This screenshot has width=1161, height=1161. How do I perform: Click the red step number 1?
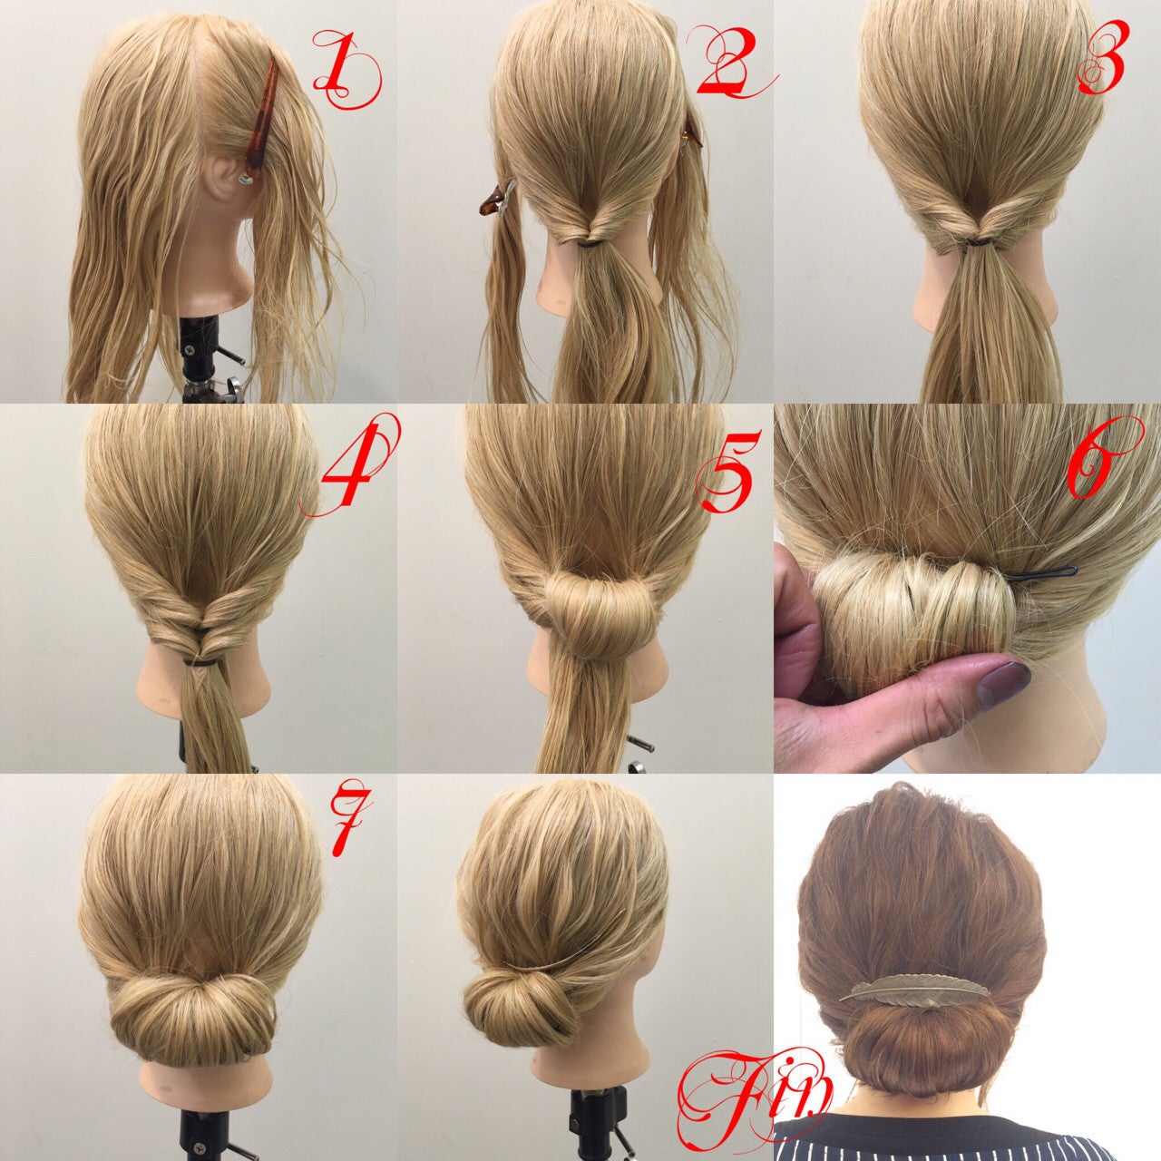coord(346,71)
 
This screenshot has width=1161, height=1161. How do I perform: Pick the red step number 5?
coord(726,470)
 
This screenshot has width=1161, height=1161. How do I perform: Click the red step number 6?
coord(1104,459)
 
